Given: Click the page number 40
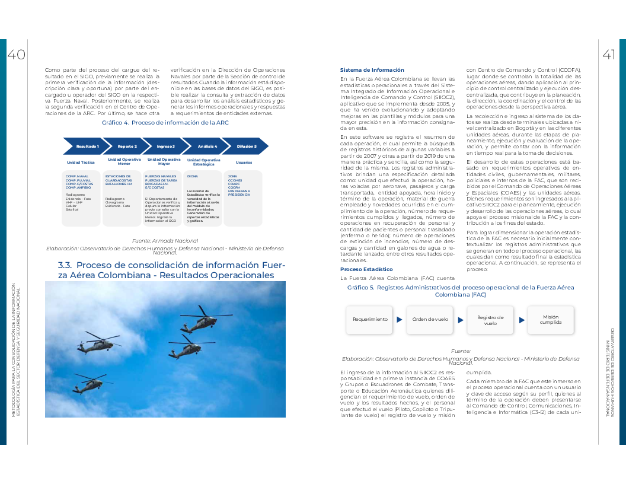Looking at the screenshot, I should point(16,55).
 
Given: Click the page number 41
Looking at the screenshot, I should point(609,55).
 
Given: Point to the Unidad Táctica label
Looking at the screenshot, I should point(81,162).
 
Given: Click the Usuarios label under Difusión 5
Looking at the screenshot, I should point(244,162).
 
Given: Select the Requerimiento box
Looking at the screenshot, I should point(370,319).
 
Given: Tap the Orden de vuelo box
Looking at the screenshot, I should point(430,319).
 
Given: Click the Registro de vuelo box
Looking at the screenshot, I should point(490,320).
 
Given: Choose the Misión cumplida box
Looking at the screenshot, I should point(550,319).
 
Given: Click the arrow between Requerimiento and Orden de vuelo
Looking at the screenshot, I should point(400,319).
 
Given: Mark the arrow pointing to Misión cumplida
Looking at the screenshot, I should point(522,319).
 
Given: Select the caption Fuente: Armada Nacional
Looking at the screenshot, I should point(165,240).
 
